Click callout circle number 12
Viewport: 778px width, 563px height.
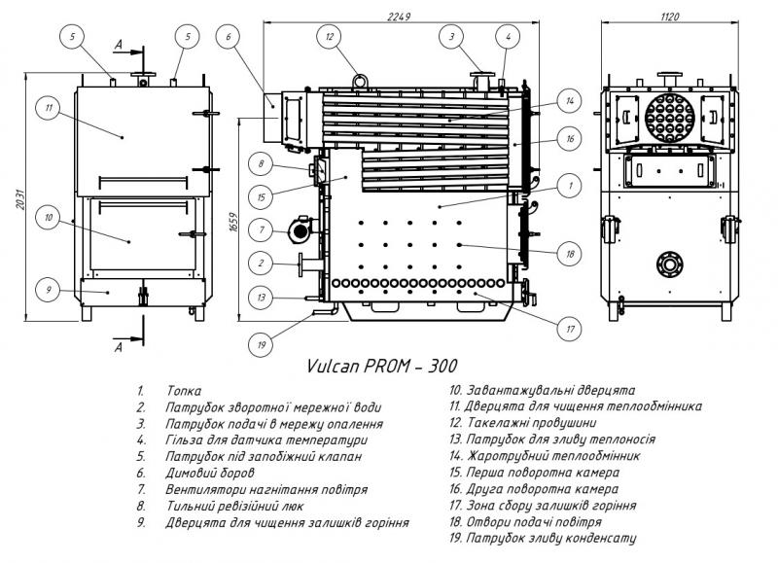[x=331, y=36]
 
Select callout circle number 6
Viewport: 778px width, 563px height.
[x=229, y=36]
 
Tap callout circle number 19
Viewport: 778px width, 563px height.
[x=262, y=344]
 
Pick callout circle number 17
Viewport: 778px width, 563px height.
[x=570, y=329]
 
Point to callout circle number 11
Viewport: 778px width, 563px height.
[x=49, y=108]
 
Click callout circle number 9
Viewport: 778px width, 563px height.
[x=49, y=289]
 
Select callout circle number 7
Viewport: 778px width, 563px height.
[x=262, y=229]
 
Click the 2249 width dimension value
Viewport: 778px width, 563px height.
[x=399, y=17]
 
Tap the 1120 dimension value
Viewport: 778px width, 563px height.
[x=669, y=17]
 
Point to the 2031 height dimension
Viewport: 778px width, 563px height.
[x=20, y=198]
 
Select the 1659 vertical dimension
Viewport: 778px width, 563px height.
[x=234, y=222]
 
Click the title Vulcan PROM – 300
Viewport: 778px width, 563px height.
[x=381, y=366]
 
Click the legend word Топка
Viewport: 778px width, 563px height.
[x=184, y=391]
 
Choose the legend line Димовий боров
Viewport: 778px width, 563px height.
[x=210, y=473]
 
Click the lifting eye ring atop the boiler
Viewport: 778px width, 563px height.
[x=359, y=81]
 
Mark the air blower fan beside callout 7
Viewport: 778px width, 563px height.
[x=300, y=229]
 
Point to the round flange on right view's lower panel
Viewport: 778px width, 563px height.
[x=669, y=264]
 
